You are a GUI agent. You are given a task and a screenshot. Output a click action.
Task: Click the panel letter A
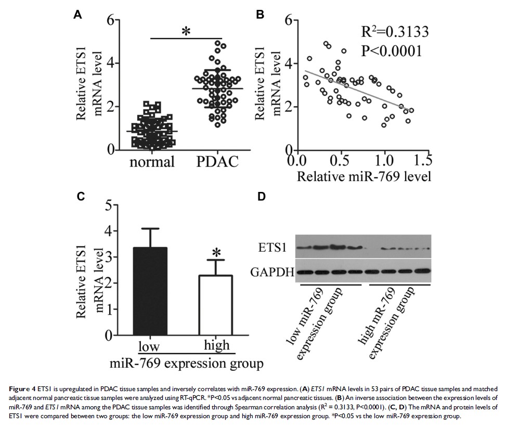(77, 15)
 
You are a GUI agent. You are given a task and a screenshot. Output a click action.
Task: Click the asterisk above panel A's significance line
(185, 31)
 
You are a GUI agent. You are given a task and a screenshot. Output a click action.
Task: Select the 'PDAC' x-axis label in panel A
(218, 163)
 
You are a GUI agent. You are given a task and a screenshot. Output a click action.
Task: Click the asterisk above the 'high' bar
(216, 253)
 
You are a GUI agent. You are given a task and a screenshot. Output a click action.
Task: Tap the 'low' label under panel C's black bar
(149, 347)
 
